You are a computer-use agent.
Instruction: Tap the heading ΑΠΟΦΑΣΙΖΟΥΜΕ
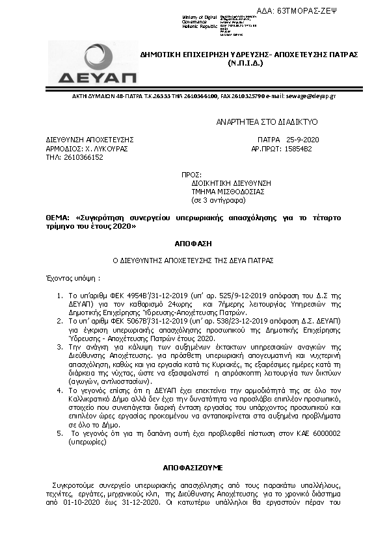click(x=193, y=467)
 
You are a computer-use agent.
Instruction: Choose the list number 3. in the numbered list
click(x=60, y=348)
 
